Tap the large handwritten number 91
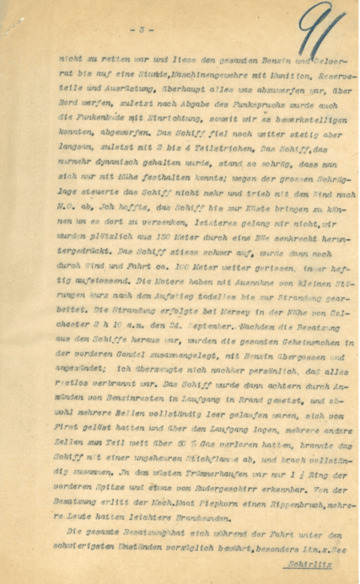click(x=323, y=31)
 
